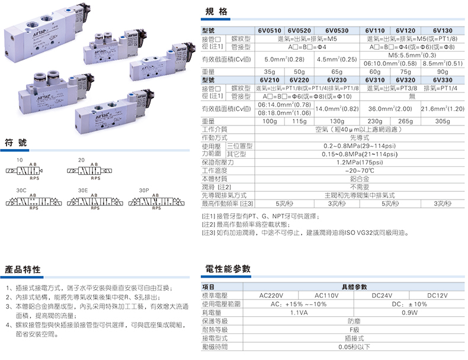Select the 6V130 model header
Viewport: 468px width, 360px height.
(x=443, y=30)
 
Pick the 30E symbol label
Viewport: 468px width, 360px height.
(x=83, y=191)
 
